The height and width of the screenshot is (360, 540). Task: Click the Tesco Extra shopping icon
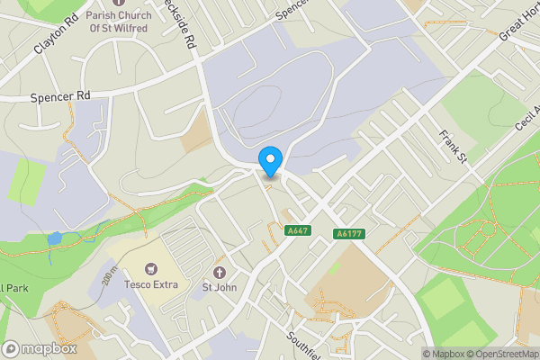click(151, 269)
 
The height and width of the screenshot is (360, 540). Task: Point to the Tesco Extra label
click(151, 285)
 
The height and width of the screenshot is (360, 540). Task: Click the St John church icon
click(219, 272)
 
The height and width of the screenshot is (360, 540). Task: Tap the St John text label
click(219, 288)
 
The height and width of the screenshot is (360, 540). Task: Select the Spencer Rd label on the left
click(60, 95)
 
